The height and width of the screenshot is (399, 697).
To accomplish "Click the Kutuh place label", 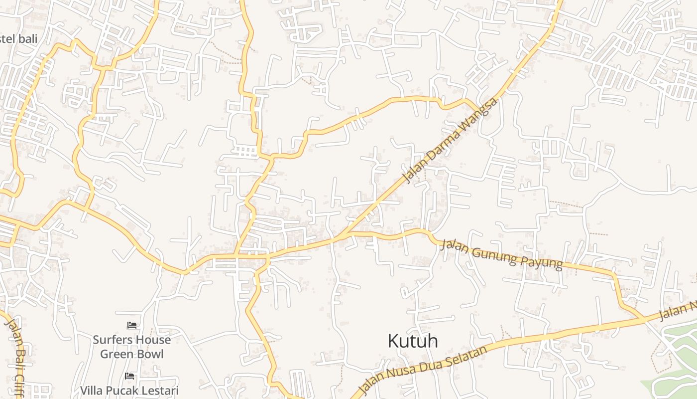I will tap(413, 341).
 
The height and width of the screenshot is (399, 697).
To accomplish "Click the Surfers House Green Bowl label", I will tap(131, 347).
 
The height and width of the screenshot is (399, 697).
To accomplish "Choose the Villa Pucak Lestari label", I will tap(129, 391).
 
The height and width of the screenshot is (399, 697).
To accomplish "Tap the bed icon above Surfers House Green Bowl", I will tap(131, 325).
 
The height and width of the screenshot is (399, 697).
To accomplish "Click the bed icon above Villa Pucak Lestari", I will tap(129, 376).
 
